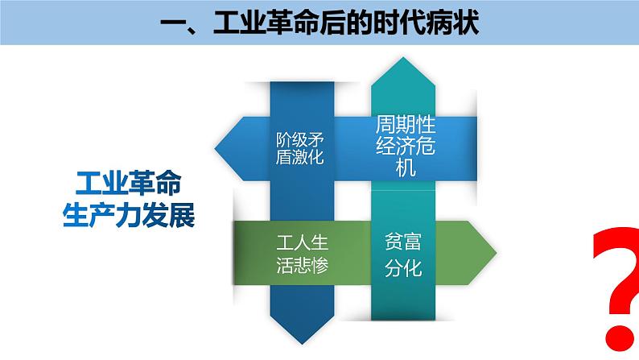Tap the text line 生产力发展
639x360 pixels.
click(129, 214)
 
